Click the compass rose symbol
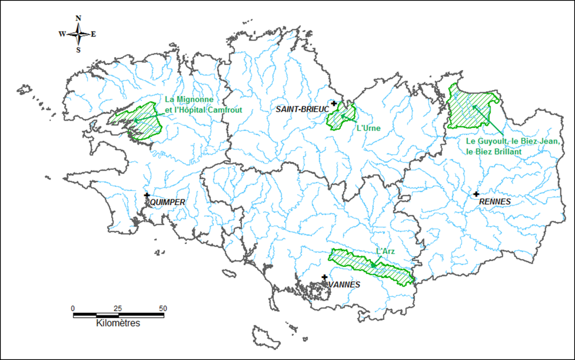[x=79, y=34]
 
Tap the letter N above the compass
[x=78, y=18]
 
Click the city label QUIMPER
[x=167, y=202]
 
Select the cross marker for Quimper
[x=147, y=195]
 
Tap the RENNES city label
[x=495, y=201]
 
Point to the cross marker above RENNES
[x=476, y=194]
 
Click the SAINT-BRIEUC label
[x=302, y=109]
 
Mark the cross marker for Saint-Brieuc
[x=333, y=103]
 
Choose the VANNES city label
[x=345, y=285]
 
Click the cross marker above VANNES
[x=324, y=277]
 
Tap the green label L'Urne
[x=368, y=128]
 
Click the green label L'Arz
[x=385, y=252]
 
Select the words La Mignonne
[x=189, y=100]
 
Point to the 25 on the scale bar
[x=118, y=308]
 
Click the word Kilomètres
[x=118, y=323]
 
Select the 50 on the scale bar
[x=163, y=308]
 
